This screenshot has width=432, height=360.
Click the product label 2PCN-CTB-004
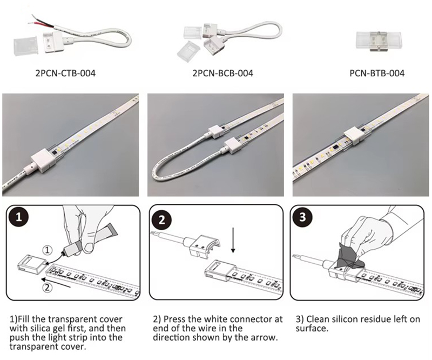point(65,73)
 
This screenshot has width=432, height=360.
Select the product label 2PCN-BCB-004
point(222,73)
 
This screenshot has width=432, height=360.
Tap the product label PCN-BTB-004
point(377,73)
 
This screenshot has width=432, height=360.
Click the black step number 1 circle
point(18,217)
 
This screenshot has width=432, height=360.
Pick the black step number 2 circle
point(161,220)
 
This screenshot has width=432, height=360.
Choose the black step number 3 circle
point(302,217)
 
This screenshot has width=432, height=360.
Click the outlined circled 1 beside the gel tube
point(47,250)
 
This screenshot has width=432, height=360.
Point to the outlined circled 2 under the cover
point(47,288)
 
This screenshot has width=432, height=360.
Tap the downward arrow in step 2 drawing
point(233,239)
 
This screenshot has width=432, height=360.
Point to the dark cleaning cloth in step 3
point(349,256)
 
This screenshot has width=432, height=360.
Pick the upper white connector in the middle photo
point(216,130)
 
